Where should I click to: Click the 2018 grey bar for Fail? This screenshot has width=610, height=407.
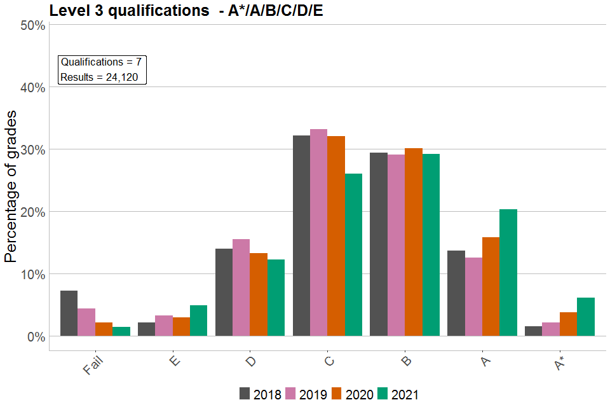pyautogui.click(x=69, y=313)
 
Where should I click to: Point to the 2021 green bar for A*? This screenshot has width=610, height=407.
pyautogui.click(x=585, y=317)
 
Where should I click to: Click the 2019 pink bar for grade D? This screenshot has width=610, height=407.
pyautogui.click(x=241, y=287)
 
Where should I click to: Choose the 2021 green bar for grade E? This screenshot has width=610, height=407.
pyautogui.click(x=198, y=321)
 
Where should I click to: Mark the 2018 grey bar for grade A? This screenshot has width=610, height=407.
pyautogui.click(x=456, y=293)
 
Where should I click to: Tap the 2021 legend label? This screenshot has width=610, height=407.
pyautogui.click(x=405, y=394)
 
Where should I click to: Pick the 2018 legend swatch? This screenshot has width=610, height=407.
pyautogui.click(x=245, y=394)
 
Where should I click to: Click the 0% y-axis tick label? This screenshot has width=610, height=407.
pyautogui.click(x=34, y=336)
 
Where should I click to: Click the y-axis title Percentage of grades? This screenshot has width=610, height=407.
pyautogui.click(x=11, y=186)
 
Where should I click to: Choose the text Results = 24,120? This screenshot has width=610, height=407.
pyautogui.click(x=102, y=78)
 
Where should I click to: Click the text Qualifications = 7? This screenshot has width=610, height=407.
pyautogui.click(x=100, y=62)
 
